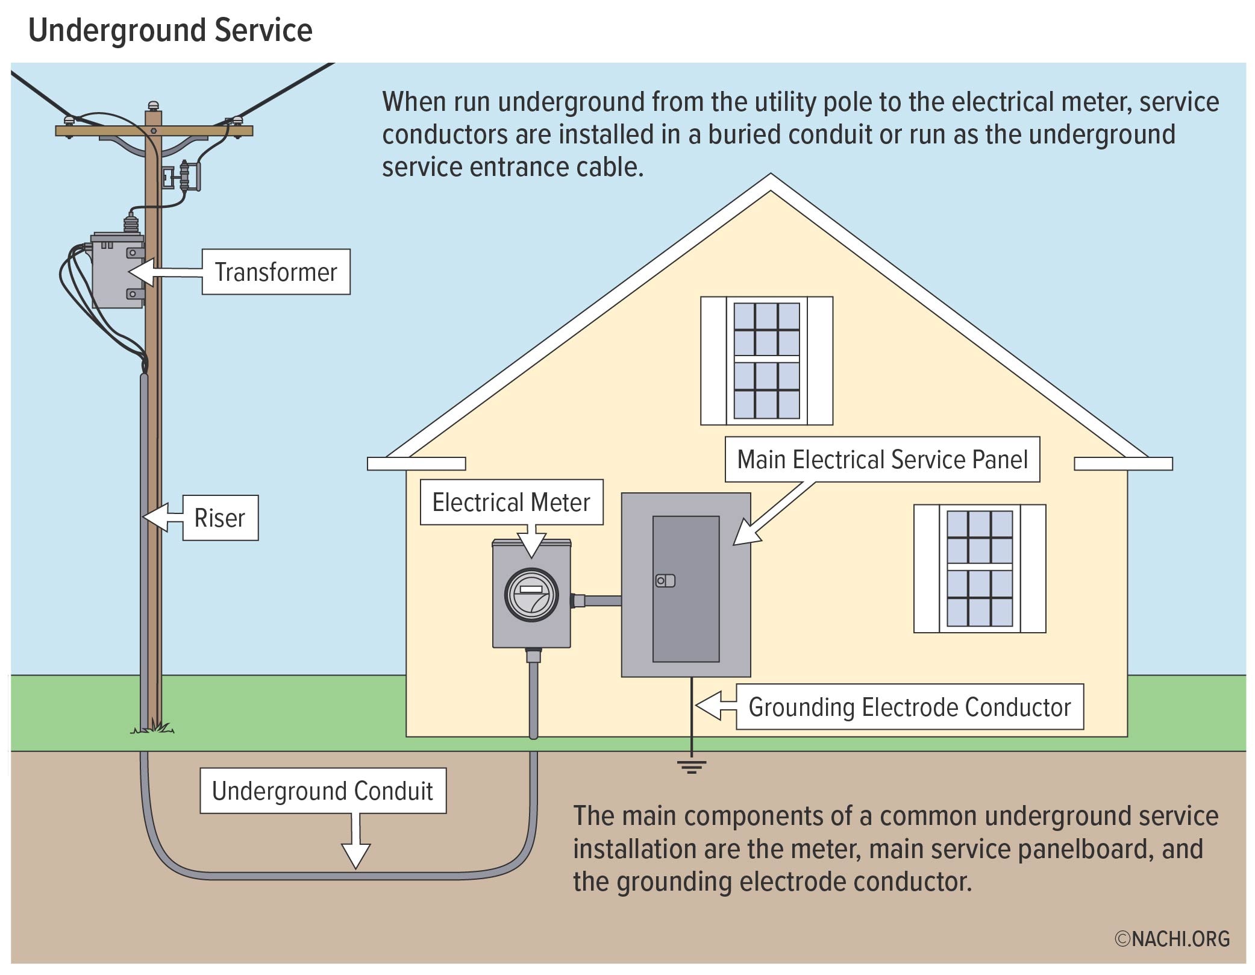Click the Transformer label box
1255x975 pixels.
point(275,272)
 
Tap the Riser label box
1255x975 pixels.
point(220,518)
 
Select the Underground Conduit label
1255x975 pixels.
point(322,791)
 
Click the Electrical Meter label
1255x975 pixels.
point(511,502)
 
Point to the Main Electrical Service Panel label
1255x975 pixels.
point(881,459)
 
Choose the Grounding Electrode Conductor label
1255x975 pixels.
point(909,707)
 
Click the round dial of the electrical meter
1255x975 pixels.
point(531,595)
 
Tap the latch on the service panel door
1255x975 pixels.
point(665,581)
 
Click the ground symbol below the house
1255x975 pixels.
point(691,767)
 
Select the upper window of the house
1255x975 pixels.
point(766,360)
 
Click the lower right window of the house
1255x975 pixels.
point(979,568)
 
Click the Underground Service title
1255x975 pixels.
point(171,30)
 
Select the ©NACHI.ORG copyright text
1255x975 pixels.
point(1172,938)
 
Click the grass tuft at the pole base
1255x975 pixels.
point(154,729)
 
